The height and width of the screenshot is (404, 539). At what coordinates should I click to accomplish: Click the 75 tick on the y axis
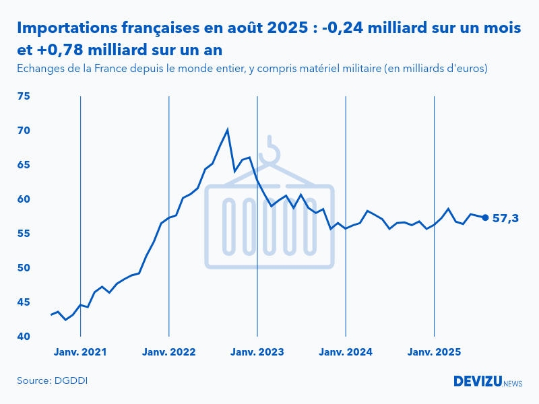coord(24,96)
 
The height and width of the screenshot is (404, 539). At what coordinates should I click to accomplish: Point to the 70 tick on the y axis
coord(24,131)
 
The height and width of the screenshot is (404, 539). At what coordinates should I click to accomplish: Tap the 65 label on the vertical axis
coord(24,165)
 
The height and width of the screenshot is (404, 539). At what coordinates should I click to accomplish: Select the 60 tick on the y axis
coord(24,199)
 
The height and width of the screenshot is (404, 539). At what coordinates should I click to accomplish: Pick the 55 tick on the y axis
coord(24,234)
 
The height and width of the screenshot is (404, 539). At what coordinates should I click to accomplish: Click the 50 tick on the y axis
coord(24,268)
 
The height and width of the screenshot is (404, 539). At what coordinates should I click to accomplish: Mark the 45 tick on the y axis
coord(24,302)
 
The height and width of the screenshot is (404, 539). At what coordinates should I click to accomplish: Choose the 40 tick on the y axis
coord(24,336)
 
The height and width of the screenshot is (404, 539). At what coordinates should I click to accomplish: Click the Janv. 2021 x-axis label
coord(80,352)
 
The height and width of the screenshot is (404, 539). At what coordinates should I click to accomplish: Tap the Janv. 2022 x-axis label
coord(168,352)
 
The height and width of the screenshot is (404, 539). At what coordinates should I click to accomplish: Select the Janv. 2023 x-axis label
coord(257,352)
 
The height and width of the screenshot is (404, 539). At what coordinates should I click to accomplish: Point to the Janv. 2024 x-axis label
coord(346,352)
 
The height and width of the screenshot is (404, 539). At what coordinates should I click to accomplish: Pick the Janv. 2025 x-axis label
coord(434,352)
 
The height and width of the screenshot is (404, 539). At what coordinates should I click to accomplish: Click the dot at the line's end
coord(485,217)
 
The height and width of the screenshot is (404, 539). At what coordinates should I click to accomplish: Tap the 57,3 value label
coord(505,218)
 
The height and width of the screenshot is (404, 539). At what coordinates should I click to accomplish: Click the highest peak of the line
coord(227,129)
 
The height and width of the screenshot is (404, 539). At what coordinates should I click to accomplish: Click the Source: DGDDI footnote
coord(53,381)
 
